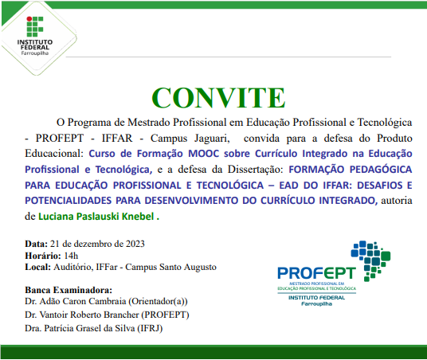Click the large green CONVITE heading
213,96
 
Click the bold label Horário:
42,255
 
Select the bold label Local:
38,268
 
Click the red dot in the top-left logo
23,18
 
